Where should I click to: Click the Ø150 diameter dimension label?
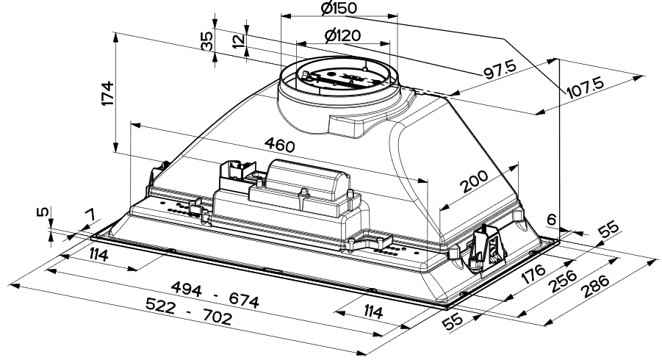339,8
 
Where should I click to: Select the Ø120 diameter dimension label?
343,35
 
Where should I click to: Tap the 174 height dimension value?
108,93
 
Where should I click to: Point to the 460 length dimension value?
279,145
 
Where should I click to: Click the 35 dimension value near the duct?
207,41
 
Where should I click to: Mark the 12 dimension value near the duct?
239,41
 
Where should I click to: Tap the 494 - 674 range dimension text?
215,295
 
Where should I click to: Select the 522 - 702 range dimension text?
189,312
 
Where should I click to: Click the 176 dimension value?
533,274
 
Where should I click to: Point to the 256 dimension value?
564,281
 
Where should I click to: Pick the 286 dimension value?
595,287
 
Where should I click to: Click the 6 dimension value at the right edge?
550,220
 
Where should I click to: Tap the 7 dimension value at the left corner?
90,215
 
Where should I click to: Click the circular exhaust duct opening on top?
339,76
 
